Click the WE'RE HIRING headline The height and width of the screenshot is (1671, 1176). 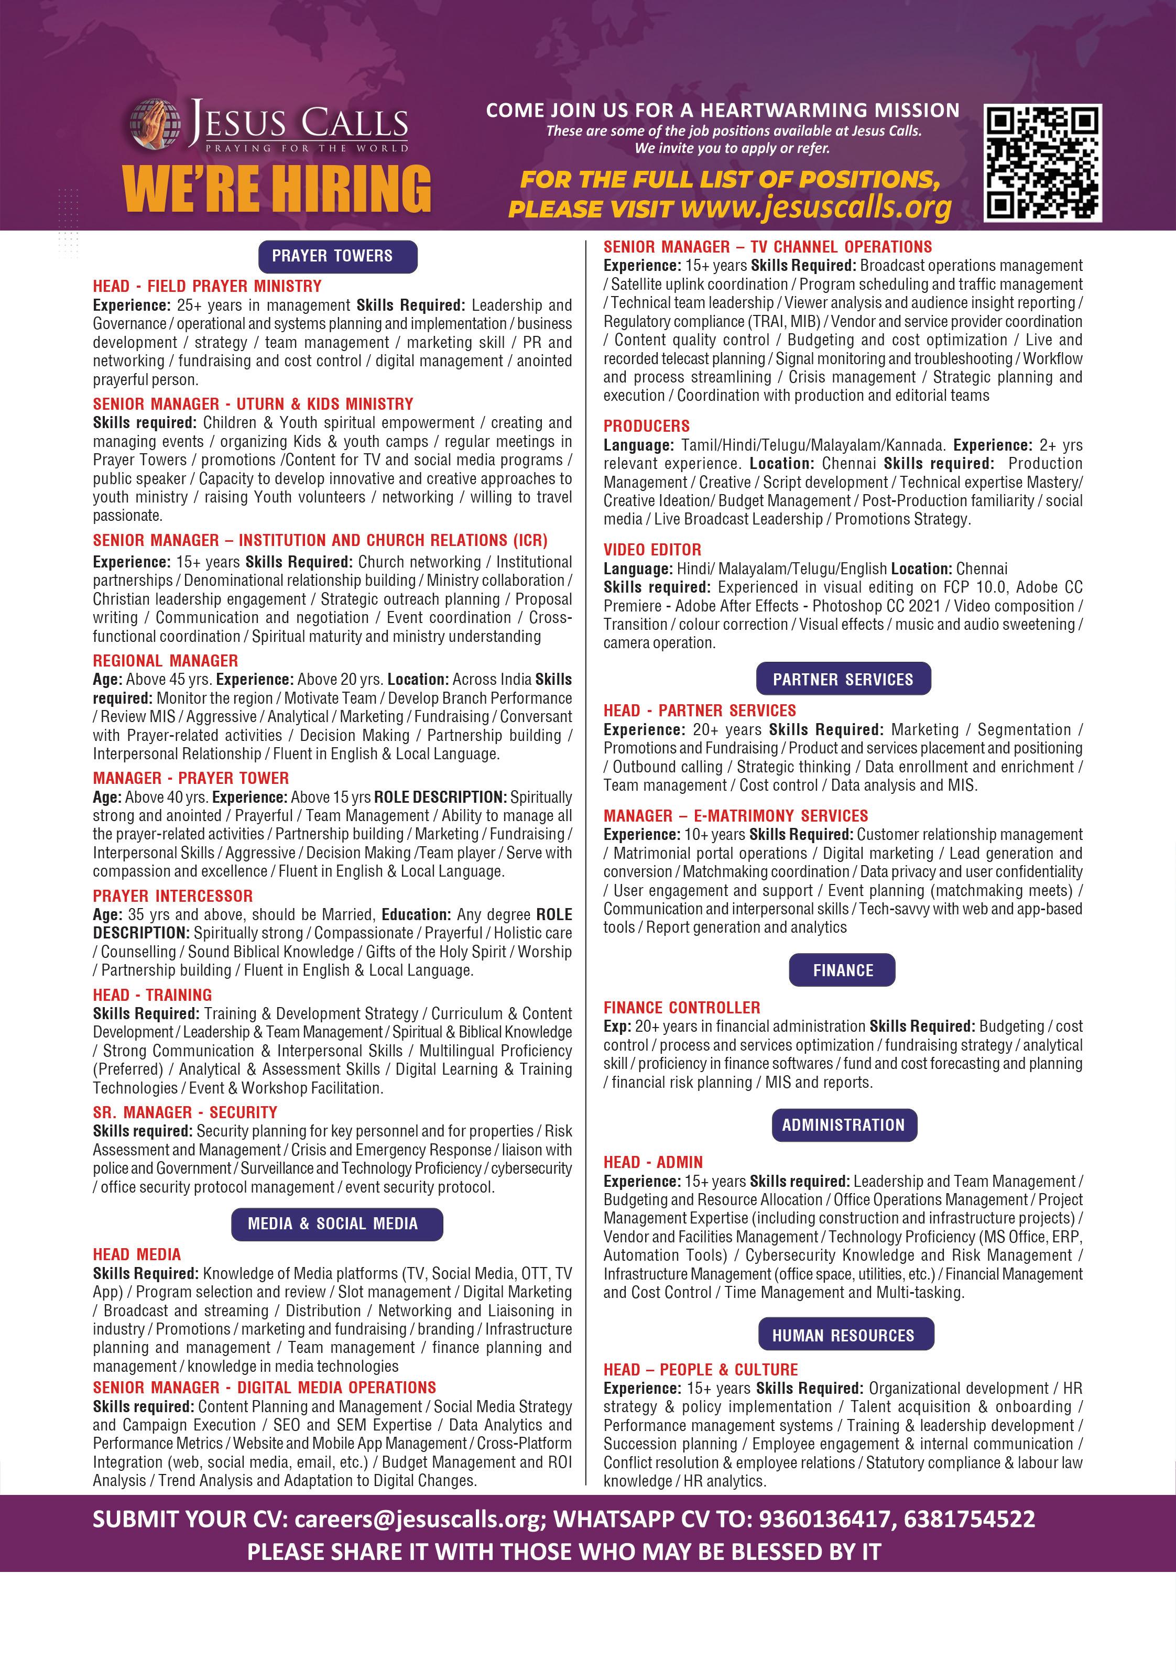point(277,189)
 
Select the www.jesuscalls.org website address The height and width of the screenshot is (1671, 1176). point(816,208)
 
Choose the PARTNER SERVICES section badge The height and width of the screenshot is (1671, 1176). point(843,679)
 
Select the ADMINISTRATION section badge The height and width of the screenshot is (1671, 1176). point(843,1124)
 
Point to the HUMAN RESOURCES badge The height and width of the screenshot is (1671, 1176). point(843,1336)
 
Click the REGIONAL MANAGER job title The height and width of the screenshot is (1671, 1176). point(165,661)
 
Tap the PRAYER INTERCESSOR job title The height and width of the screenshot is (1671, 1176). point(172,896)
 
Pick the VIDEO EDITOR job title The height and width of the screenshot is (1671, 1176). point(652,550)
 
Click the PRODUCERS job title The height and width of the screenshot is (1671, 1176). point(646,426)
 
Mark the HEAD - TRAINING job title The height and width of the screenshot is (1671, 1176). point(152,995)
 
